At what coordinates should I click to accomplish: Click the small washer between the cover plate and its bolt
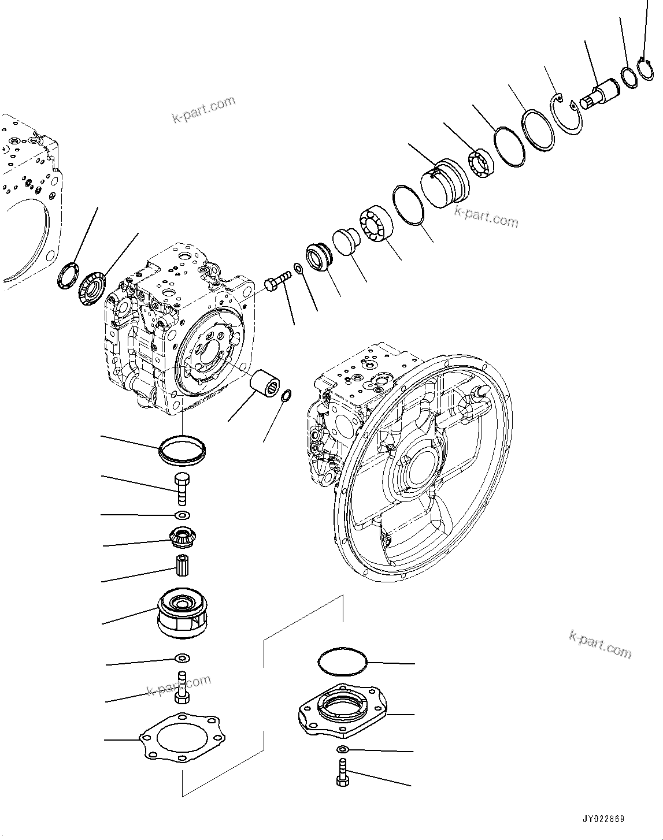[x=342, y=750]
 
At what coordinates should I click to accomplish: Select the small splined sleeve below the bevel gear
[x=183, y=563]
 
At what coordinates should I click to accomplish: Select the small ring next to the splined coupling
[x=286, y=396]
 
